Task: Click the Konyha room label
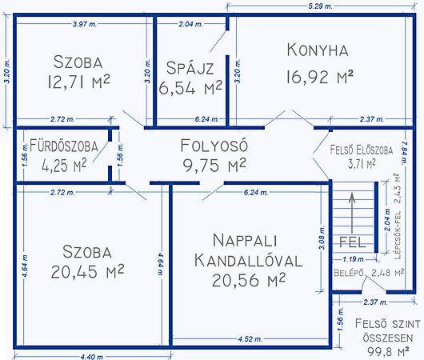click(318, 50)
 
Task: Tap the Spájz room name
click(190, 68)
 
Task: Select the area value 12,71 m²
click(78, 82)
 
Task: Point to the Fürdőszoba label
click(64, 146)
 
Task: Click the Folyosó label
click(214, 146)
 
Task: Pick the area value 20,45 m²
click(87, 271)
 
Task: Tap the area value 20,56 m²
click(249, 280)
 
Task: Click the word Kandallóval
click(248, 261)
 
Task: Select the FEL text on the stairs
click(352, 242)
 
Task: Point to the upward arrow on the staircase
click(352, 213)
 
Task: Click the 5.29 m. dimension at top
click(321, 6)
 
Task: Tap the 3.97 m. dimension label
click(85, 24)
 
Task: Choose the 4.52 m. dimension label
click(250, 338)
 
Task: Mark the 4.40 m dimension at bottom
click(92, 357)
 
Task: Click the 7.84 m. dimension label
click(404, 152)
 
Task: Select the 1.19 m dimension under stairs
click(353, 259)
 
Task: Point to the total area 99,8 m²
click(388, 352)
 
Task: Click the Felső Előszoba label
click(362, 150)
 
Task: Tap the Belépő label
click(349, 273)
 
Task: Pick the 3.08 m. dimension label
click(322, 238)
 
